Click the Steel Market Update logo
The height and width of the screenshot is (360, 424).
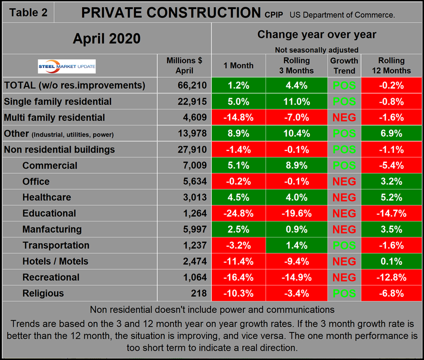click(67, 66)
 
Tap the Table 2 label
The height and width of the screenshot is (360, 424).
click(28, 13)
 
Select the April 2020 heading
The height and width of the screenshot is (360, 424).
click(107, 39)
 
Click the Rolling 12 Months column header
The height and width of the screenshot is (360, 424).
click(391, 66)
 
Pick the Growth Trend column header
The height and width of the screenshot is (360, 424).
click(344, 66)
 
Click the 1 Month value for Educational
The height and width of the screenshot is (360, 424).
click(239, 213)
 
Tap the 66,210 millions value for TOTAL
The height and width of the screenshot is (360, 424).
click(192, 86)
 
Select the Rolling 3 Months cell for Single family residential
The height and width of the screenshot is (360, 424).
click(297, 102)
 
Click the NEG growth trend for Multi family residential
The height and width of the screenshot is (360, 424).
click(344, 118)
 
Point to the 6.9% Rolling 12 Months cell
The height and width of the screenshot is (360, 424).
click(391, 134)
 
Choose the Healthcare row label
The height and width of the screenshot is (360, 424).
click(47, 197)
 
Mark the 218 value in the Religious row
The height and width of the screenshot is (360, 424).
click(198, 293)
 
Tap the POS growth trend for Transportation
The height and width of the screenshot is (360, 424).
click(344, 245)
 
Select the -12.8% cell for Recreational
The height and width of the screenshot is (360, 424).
click(391, 277)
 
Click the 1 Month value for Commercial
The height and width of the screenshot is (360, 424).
click(239, 166)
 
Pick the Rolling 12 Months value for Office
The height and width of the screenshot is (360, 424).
click(391, 181)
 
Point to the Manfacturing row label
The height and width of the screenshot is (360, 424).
click(52, 229)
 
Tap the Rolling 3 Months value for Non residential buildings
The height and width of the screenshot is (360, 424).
click(297, 150)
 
